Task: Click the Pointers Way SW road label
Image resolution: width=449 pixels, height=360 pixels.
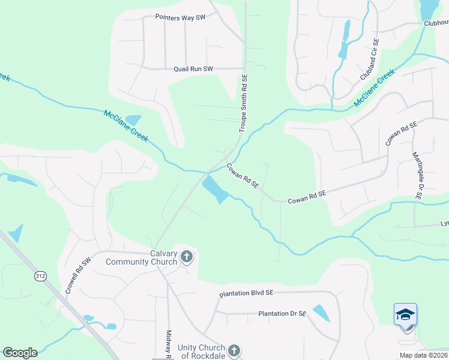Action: tap(180, 17)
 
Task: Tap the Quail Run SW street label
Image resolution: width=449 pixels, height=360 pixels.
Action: tap(193, 69)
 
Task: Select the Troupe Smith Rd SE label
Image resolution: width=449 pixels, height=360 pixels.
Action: tap(244, 103)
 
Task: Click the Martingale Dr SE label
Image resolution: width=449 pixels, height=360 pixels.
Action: tap(416, 175)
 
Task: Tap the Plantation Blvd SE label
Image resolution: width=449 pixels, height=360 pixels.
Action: tap(246, 293)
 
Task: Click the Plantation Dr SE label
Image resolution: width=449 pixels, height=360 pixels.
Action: tap(282, 314)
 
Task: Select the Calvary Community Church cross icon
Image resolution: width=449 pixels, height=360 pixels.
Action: tap(187, 257)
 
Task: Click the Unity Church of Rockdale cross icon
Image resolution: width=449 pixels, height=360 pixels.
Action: tap(234, 350)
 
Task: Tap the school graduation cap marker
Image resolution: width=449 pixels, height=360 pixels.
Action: tap(405, 314)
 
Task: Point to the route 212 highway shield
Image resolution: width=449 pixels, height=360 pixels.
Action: tap(40, 276)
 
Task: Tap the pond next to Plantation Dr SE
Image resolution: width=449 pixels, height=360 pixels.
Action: tap(321, 313)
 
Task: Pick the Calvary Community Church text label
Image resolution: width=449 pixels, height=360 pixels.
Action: tap(142, 257)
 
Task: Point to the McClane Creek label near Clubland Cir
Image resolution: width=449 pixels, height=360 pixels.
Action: tap(374, 88)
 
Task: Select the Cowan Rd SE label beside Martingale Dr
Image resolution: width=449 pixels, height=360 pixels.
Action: tap(401, 132)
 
